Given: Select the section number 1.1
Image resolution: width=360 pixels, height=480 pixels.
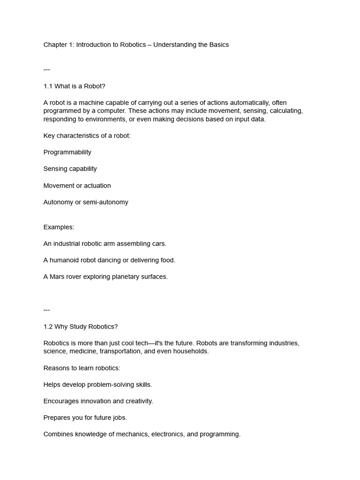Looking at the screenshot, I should (48, 86).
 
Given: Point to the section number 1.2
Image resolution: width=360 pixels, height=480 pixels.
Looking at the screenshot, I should (48, 327).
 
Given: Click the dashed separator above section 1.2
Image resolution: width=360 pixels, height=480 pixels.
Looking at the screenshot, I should (46, 310).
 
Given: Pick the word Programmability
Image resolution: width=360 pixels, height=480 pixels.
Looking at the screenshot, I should (67, 152).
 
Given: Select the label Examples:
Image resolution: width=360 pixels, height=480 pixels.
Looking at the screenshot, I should (59, 227).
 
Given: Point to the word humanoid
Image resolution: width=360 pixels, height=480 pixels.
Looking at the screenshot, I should (67, 260).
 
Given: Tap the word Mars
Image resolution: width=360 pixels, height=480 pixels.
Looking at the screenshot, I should (58, 277).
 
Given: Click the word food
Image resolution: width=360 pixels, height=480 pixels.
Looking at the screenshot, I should (167, 260).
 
